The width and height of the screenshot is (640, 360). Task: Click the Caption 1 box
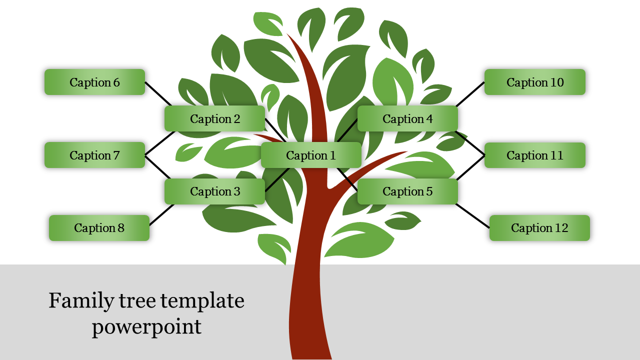click(x=311, y=155)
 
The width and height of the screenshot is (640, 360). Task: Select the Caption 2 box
click(x=215, y=119)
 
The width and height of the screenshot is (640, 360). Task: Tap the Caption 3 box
click(x=215, y=191)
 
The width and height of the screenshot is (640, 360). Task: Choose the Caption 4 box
click(x=407, y=119)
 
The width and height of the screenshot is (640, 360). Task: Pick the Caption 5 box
click(x=407, y=191)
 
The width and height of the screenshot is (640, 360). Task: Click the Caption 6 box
click(x=94, y=82)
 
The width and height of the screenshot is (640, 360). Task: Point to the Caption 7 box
click(x=94, y=155)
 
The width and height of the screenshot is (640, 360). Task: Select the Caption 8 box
click(x=99, y=228)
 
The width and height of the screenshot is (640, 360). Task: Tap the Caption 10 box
click(x=535, y=82)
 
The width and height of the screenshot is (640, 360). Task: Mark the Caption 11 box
click(x=535, y=155)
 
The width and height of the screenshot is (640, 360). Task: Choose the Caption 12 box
click(x=539, y=228)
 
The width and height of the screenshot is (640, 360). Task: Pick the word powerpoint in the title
click(x=146, y=326)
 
